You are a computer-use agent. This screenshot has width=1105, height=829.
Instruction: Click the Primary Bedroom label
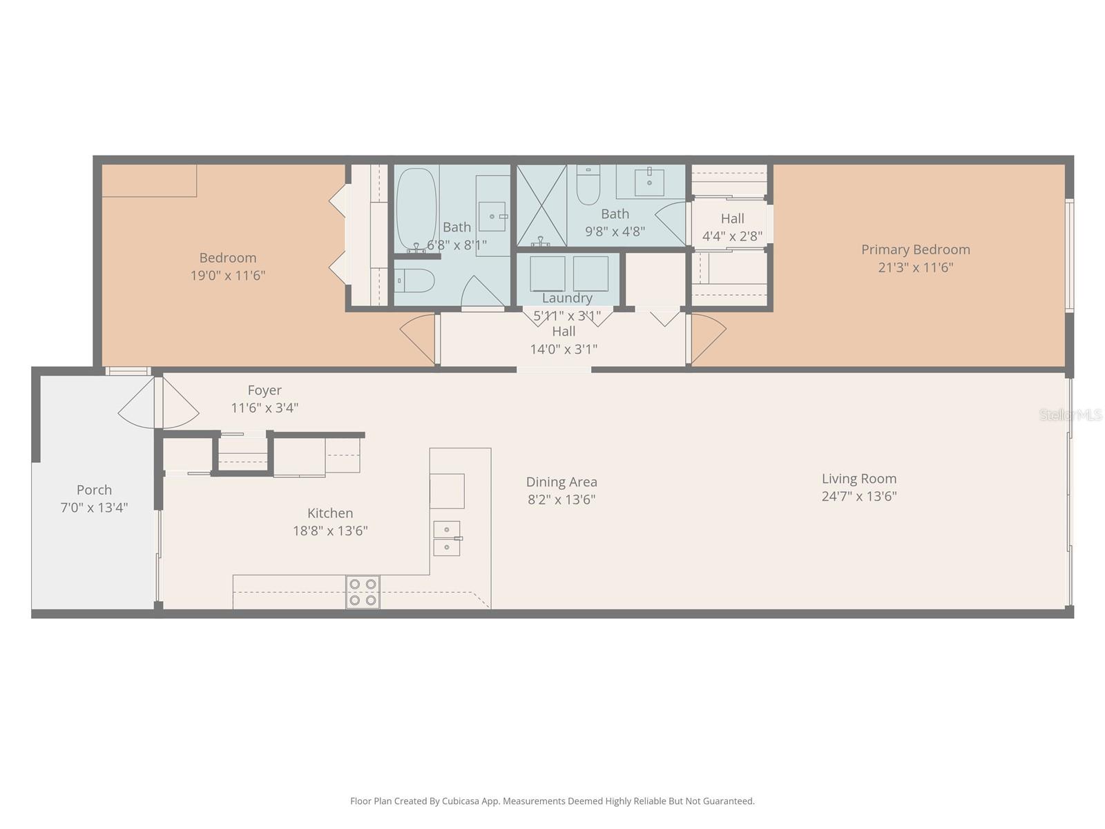pos(915,249)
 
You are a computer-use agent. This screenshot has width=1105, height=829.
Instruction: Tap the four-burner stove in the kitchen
pos(363,592)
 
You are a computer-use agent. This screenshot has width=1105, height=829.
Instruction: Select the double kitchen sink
pos(447,538)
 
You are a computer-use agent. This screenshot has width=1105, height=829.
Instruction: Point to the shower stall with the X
pos(541,205)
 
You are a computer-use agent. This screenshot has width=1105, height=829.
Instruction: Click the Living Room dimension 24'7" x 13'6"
pos(859,496)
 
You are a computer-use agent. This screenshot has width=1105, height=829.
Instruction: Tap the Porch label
pos(94,490)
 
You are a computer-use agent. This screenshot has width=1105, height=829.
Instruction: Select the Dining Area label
pos(561,482)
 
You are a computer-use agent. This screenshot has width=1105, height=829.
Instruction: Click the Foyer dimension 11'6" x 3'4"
pos(265,408)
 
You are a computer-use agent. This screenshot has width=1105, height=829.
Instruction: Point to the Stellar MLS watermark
pos(1070,414)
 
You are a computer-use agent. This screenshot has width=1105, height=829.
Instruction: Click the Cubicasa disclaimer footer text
pos(552,801)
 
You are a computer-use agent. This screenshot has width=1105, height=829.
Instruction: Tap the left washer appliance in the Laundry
pos(548,274)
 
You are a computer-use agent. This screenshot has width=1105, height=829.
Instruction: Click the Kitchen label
pos(330,513)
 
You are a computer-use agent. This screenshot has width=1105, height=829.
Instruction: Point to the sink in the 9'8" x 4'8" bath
pos(649,182)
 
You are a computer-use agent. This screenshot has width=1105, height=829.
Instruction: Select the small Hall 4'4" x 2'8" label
pos(732,218)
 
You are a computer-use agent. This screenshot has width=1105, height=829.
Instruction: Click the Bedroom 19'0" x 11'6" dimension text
pos(228,276)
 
